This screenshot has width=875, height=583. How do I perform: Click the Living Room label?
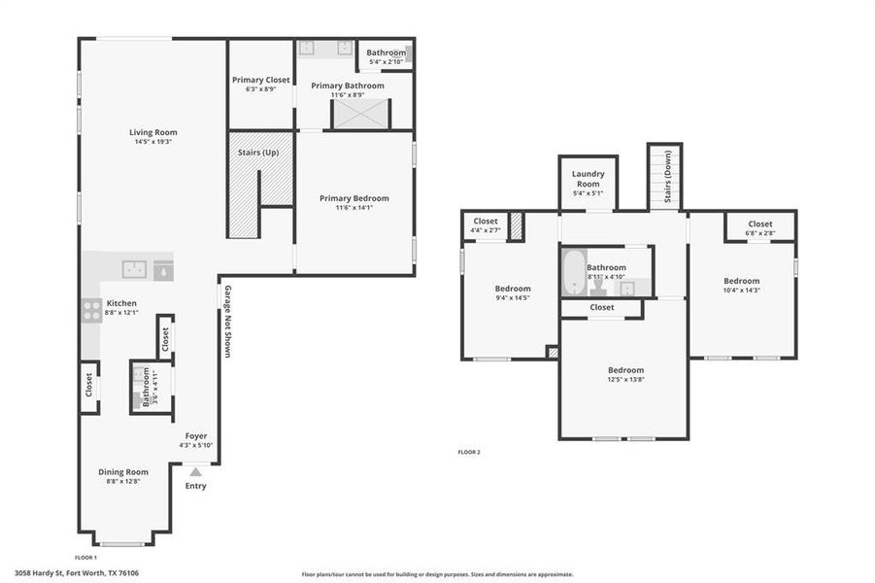153,132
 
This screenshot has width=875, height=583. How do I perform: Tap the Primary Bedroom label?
353,198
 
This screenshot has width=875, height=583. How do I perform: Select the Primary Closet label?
260,80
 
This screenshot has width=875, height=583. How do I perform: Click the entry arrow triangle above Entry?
195,471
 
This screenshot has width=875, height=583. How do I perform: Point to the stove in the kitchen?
91,310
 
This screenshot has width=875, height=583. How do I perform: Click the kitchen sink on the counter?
132,268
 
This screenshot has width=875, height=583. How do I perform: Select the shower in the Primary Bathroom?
360,114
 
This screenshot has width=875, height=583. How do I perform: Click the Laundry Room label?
588,179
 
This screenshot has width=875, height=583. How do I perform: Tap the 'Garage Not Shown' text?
227,322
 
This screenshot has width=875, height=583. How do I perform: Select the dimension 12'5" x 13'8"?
625,380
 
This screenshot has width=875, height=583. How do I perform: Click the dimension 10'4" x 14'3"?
741,290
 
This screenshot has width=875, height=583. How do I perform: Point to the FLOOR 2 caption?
469,452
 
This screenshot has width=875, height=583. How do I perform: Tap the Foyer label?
195,436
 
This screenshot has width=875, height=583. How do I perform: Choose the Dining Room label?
123,472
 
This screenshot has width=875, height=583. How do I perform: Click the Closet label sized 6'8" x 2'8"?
760,224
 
